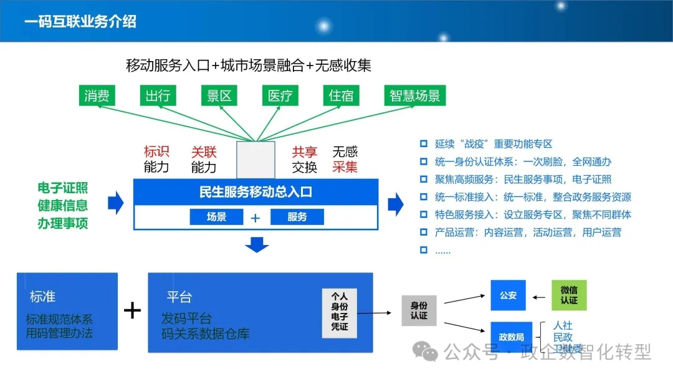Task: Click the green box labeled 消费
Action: (97, 95)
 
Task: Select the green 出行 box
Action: (158, 95)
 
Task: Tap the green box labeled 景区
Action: (219, 95)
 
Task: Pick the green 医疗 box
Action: (280, 95)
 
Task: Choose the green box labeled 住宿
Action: (341, 95)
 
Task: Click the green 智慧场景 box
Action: (415, 95)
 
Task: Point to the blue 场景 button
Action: (216, 217)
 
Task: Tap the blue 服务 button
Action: (297, 217)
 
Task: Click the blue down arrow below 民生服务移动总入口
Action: (257, 244)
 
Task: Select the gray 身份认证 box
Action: (419, 310)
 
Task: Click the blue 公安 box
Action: (508, 295)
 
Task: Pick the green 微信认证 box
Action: (569, 295)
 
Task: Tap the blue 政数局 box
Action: (511, 337)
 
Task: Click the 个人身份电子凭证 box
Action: (340, 313)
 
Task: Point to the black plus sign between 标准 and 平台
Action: (133, 310)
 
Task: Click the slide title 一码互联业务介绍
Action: (80, 21)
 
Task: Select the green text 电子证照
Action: (63, 188)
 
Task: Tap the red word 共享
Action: (304, 151)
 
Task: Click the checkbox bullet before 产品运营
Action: (424, 233)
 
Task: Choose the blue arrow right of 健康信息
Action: (116, 203)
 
